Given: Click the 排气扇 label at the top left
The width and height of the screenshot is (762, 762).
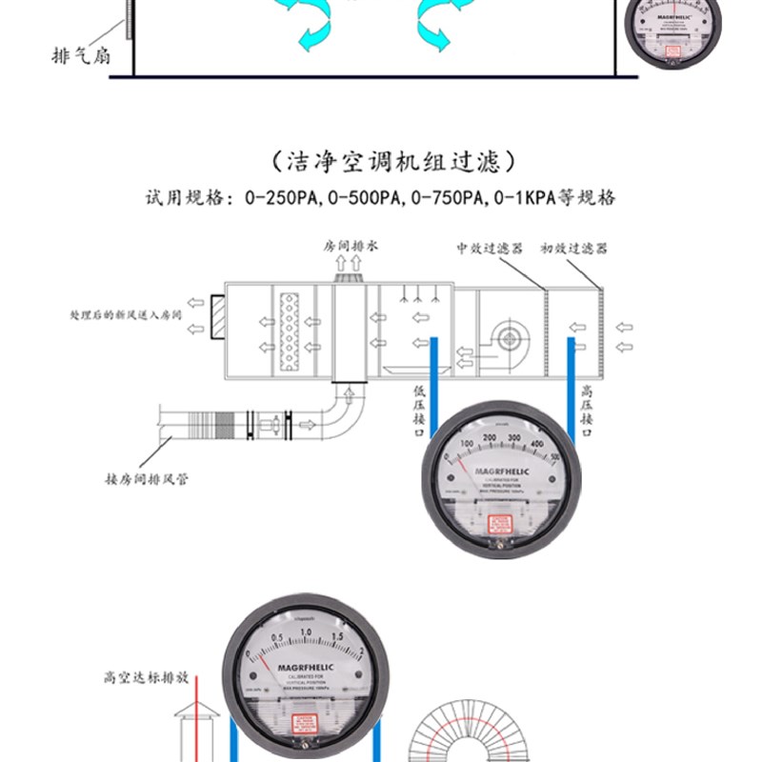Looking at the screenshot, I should coord(81,55).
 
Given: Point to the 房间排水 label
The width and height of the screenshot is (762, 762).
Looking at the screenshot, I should coord(351,245).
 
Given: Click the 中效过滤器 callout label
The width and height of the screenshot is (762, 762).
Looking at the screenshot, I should coord(490,248).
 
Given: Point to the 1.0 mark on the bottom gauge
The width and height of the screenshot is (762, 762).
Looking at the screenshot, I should coord(307,632).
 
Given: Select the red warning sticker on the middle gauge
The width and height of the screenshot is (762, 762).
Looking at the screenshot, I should coord(500,524).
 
